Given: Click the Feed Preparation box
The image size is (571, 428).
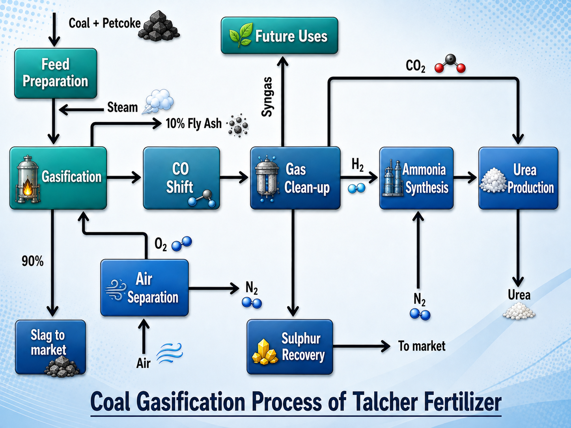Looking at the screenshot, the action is (56, 73).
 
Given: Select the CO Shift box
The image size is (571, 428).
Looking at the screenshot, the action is (181, 178).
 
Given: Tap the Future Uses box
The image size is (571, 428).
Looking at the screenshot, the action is (279, 35).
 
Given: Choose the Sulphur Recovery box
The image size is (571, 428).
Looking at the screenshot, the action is (290, 347).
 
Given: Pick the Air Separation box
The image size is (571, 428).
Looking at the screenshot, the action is (145, 288).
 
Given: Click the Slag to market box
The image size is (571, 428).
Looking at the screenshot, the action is (50, 347).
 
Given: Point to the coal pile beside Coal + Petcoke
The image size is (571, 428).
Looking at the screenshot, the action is (159, 26).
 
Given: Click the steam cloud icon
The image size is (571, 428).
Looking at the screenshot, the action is (158, 101).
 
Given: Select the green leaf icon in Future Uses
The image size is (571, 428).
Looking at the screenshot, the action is (241, 35).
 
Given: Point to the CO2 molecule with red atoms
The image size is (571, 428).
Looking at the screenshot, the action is (450, 64).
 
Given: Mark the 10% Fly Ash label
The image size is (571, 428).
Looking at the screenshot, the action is (194, 123).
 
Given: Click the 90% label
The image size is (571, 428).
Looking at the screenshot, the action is (32, 261).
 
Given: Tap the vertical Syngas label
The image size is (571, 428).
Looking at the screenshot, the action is (267, 97).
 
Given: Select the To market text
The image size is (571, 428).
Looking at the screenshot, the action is (422, 346).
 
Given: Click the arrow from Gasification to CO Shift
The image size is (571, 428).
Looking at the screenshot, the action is (124, 177).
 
